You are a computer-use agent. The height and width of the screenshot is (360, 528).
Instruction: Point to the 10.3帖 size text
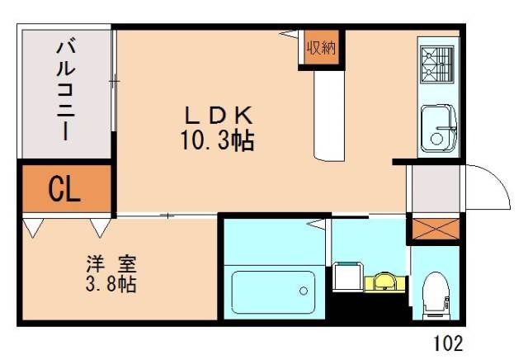(217, 140)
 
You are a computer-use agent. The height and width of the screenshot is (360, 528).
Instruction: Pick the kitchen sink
(438, 129)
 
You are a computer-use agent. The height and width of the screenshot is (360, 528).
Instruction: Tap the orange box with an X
(432, 228)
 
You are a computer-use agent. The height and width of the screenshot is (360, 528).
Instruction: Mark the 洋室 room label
(112, 266)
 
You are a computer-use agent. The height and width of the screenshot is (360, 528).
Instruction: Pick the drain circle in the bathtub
(304, 291)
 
